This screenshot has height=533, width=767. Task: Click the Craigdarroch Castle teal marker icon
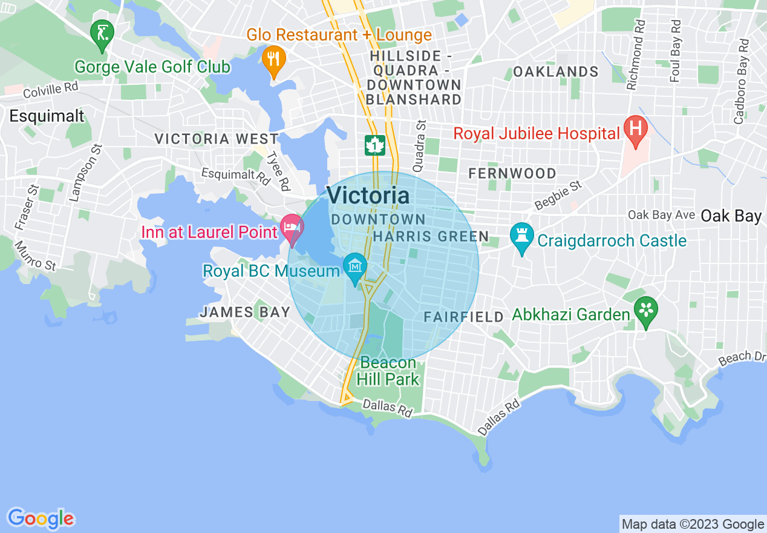click(521, 236)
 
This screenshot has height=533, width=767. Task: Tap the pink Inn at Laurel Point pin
click(293, 229)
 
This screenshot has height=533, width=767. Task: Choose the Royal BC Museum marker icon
click(355, 266)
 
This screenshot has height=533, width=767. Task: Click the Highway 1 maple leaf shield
click(376, 145)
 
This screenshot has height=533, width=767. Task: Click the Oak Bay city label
click(731, 216)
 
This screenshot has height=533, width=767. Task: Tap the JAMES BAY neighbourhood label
click(245, 312)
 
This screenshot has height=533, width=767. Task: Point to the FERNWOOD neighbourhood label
click(512, 174)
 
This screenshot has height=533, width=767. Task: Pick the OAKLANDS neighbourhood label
click(556, 72)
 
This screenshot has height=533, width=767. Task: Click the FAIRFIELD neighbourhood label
click(463, 317)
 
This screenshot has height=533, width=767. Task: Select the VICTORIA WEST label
click(216, 139)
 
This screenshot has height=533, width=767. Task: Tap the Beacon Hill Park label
click(388, 371)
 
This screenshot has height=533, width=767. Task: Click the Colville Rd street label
click(51, 90)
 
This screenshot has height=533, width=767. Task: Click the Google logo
click(41, 518)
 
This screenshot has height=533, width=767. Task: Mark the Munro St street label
click(36, 256)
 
